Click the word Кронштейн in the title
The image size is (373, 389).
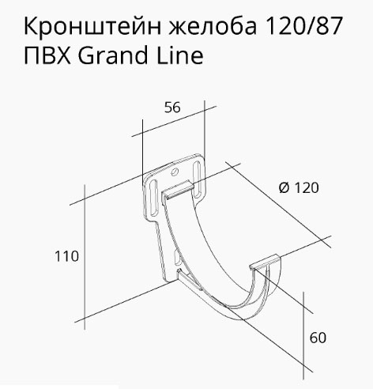pyautogui.click(x=92, y=26)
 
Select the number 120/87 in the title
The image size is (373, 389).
pyautogui.click(x=304, y=25)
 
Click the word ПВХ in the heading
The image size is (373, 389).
pyautogui.click(x=47, y=55)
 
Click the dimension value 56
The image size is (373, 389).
pyautogui.click(x=172, y=108)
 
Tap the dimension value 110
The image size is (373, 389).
pyautogui.click(x=66, y=256)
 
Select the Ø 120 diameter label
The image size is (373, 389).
pyautogui.click(x=299, y=188)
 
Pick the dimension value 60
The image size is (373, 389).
pyautogui.click(x=318, y=338)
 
